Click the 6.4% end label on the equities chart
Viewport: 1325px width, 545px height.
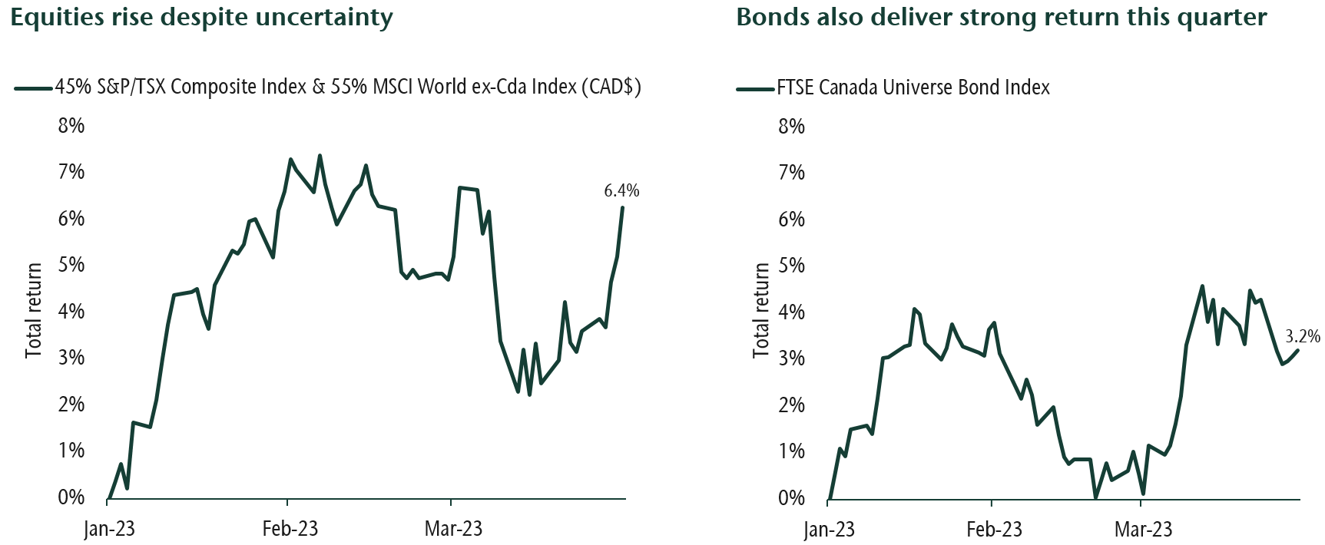tap(621, 191)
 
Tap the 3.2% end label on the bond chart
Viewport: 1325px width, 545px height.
tap(1303, 336)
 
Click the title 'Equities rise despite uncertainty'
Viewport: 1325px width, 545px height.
tap(202, 17)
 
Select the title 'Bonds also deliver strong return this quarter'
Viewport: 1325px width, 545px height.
tap(1001, 17)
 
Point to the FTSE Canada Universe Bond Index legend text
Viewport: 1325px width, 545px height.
tap(913, 88)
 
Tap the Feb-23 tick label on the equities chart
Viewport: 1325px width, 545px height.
tap(290, 529)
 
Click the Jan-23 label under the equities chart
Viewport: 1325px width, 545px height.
tap(109, 529)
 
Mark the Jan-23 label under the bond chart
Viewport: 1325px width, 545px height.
tap(829, 530)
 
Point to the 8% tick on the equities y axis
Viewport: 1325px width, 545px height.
tap(71, 125)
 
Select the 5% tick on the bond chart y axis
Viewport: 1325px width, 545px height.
tap(791, 266)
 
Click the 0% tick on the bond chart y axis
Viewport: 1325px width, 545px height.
tap(791, 498)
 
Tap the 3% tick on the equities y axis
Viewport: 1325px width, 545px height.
tap(71, 358)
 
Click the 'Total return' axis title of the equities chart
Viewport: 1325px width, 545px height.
tap(34, 310)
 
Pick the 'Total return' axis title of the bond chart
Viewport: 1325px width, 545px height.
tap(761, 310)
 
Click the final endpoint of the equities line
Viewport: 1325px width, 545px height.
tap(622, 208)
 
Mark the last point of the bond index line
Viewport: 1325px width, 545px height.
tap(1298, 350)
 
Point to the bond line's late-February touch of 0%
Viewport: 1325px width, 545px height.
tap(1095, 497)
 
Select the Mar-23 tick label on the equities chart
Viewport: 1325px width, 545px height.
tap(454, 529)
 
